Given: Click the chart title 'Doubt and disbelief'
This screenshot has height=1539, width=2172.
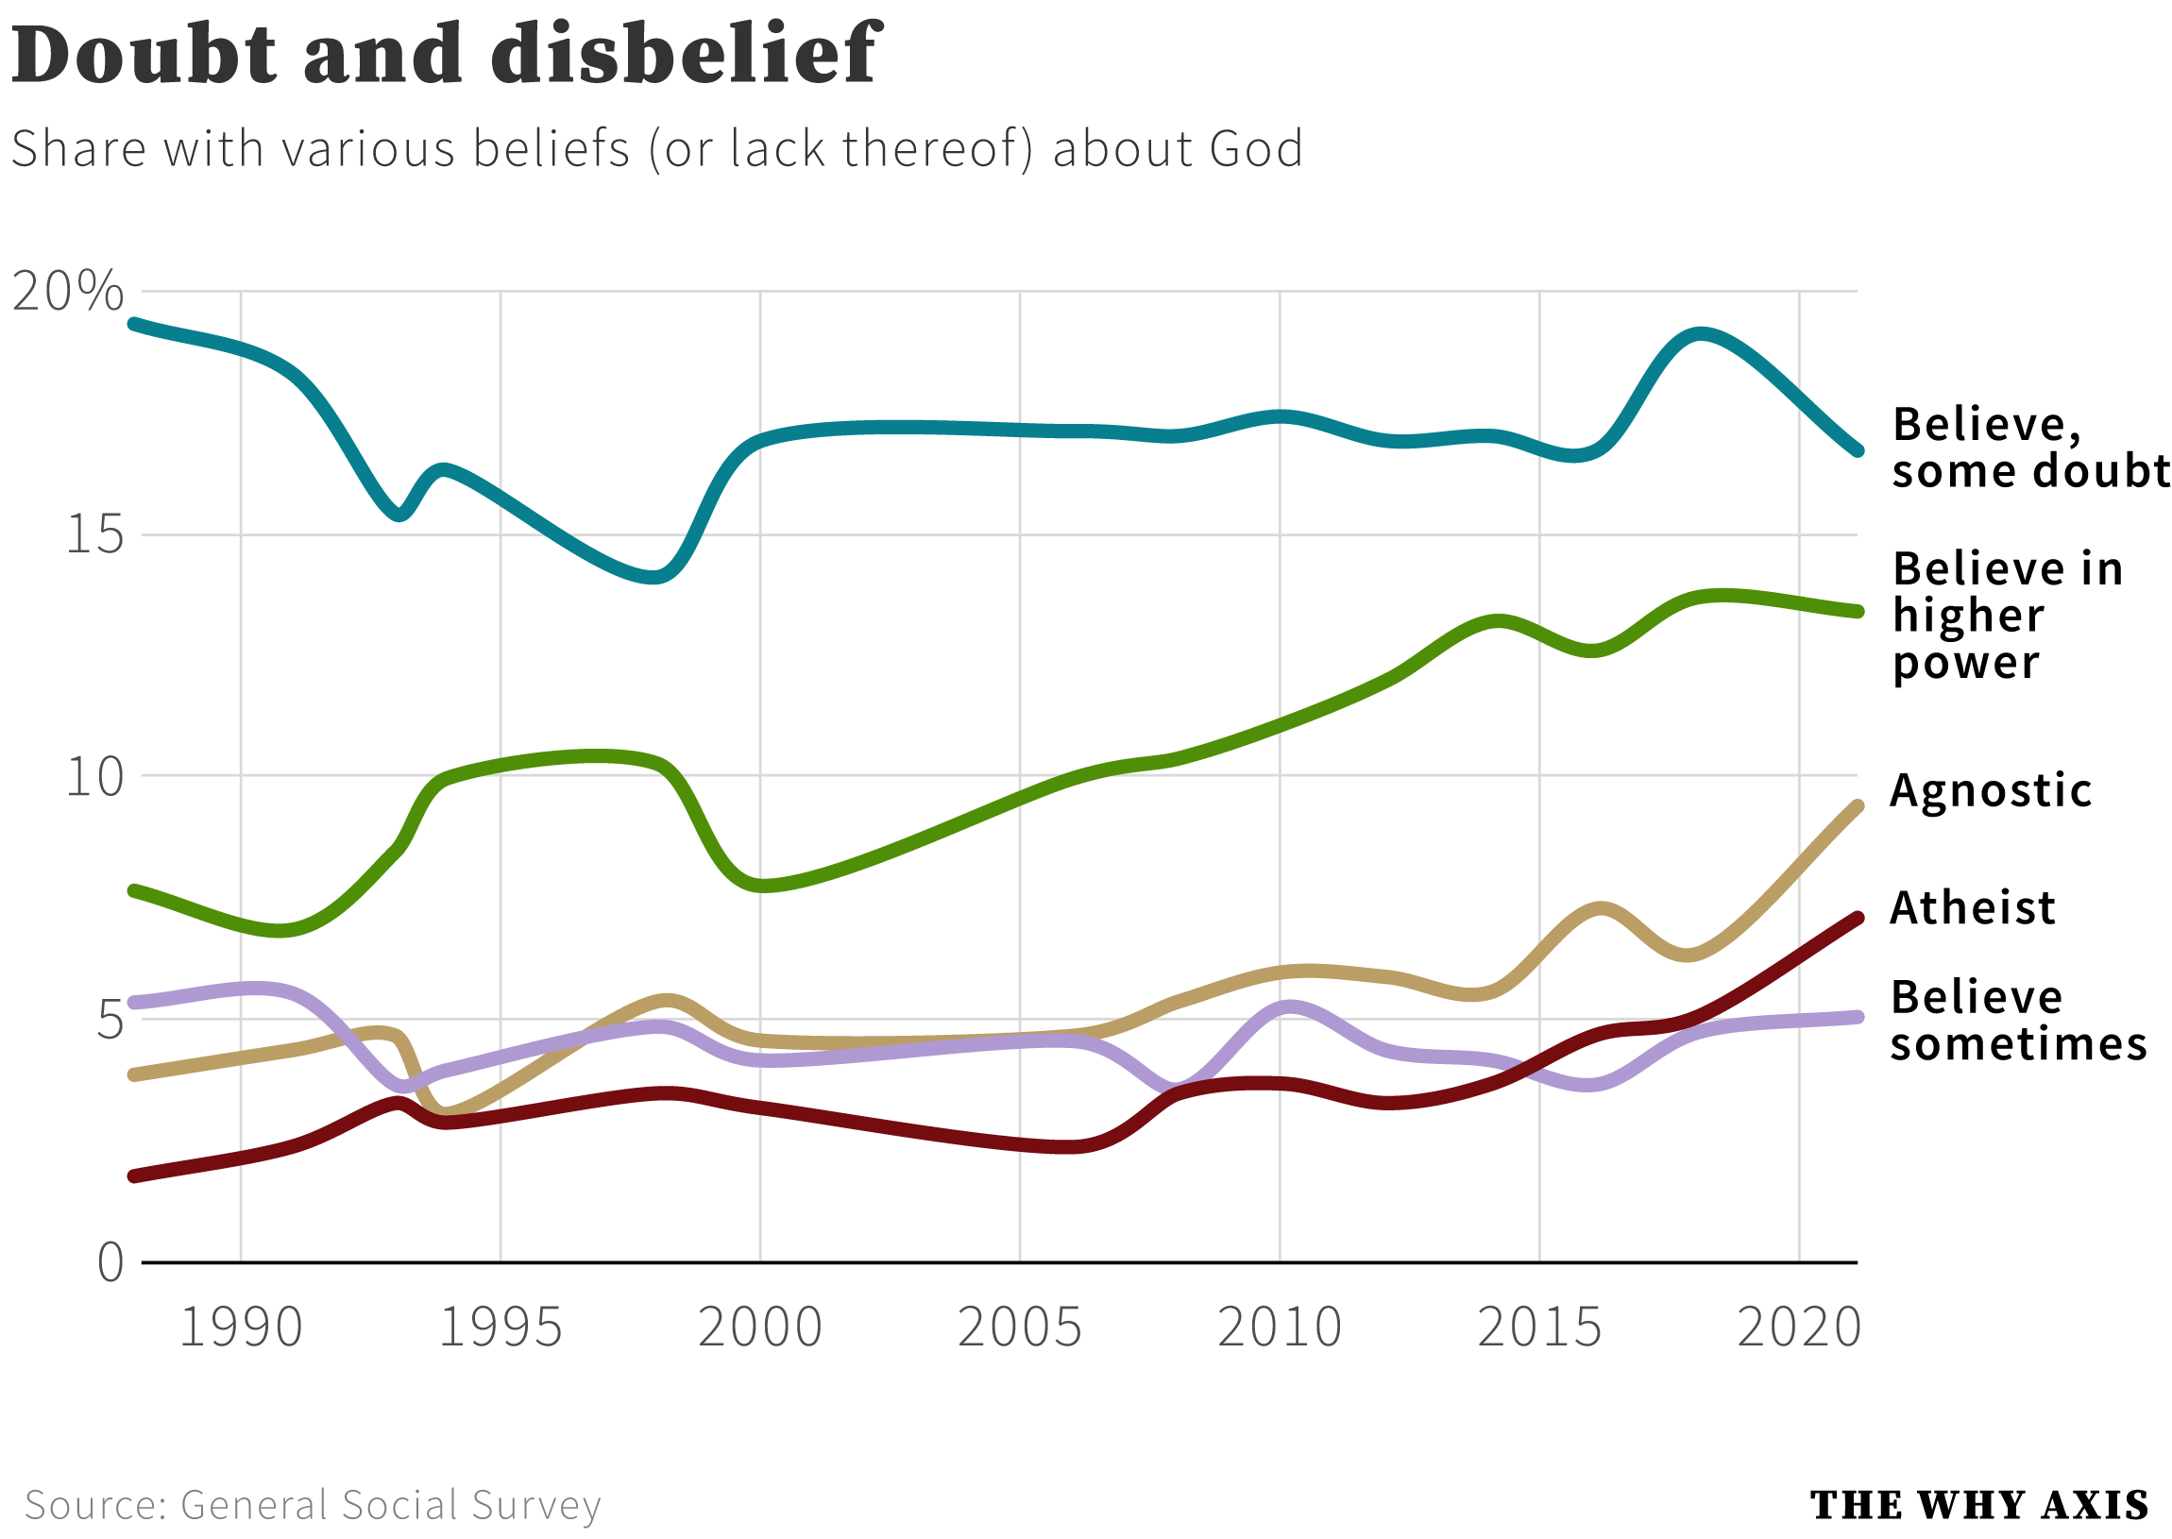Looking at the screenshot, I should [446, 54].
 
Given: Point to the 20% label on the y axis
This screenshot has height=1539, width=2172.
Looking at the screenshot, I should [68, 290].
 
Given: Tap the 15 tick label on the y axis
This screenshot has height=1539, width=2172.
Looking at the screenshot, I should [94, 533].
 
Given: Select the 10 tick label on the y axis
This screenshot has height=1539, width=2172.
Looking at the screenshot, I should [94, 777].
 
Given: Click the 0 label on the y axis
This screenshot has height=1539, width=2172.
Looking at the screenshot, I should [110, 1263].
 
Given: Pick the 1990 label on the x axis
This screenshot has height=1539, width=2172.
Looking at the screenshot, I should [241, 1327].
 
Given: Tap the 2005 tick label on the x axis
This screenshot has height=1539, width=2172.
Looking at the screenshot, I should [1020, 1327].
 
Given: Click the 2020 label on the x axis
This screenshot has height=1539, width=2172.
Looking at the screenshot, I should [1798, 1327].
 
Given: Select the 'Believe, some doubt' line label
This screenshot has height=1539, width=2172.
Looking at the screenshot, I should [2028, 448].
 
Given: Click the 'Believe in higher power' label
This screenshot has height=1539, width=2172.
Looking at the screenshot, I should [2004, 615].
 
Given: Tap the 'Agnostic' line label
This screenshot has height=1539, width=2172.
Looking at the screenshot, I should [1990, 790].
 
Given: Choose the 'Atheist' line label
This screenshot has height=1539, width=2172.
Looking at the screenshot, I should [1972, 908].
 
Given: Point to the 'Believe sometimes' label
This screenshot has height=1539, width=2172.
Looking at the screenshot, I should [2016, 1021].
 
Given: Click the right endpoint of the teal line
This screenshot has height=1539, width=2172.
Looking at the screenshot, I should [1858, 451].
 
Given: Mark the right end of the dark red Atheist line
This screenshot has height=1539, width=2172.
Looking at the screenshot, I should [1858, 919].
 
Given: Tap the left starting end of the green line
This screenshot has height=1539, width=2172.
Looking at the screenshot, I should [134, 890].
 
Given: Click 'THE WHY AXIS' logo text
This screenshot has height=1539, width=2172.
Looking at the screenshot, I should [1978, 1505].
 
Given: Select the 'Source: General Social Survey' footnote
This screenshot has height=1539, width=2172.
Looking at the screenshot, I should [313, 1505].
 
